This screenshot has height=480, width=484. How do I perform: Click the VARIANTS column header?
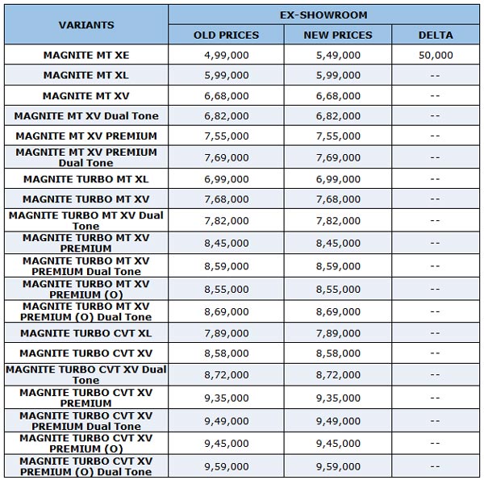(x=86, y=25)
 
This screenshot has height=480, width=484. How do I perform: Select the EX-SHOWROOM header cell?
(x=324, y=14)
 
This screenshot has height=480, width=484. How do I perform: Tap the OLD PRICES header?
(x=226, y=35)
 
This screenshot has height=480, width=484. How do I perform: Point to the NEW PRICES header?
(x=337, y=35)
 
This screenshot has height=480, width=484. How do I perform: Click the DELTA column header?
(x=436, y=35)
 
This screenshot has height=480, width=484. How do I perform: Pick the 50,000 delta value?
(x=436, y=56)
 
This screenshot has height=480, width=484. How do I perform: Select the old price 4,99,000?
(x=226, y=56)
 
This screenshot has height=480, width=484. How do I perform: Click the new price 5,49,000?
(x=337, y=56)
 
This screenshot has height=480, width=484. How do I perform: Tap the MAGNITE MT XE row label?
(x=86, y=56)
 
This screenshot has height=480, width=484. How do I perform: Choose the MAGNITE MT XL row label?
(x=86, y=75)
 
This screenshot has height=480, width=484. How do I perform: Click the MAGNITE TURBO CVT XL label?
(x=86, y=333)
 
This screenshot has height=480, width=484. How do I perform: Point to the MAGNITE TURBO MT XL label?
(x=86, y=179)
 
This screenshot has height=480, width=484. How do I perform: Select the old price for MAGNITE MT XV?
(x=226, y=96)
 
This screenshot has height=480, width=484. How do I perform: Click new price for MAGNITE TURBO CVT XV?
(x=337, y=353)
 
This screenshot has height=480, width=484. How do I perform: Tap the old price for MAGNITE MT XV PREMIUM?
(x=226, y=136)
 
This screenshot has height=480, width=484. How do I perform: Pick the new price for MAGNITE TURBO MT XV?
(x=337, y=199)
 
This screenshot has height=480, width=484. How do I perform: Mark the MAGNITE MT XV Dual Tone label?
(x=86, y=116)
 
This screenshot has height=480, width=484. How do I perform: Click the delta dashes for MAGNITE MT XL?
(x=436, y=75)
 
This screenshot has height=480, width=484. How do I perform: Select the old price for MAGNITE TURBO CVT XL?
(x=226, y=333)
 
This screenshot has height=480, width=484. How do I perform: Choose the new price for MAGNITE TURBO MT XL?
(x=337, y=179)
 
